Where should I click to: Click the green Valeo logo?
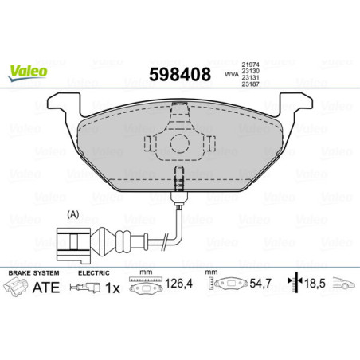[27, 72]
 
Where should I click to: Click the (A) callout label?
[74, 214]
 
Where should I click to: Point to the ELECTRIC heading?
[94, 273]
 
